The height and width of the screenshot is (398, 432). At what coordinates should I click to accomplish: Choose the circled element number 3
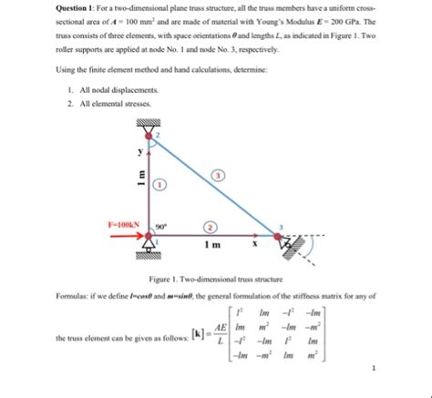pyautogui.click(x=217, y=174)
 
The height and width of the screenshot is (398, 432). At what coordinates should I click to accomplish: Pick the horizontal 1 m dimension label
pyautogui.click(x=211, y=245)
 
